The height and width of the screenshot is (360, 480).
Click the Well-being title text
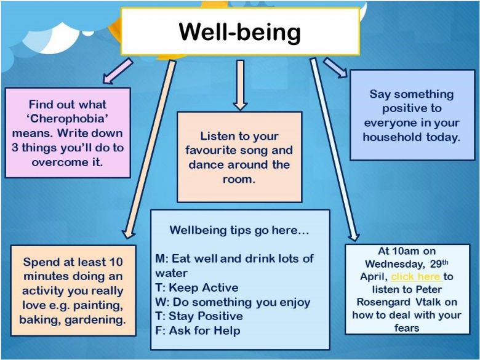(x=240, y=33)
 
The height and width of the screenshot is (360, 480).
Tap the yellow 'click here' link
(x=416, y=276)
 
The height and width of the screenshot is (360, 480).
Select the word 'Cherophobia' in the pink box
(x=68, y=119)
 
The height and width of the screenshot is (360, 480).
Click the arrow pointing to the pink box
(x=118, y=71)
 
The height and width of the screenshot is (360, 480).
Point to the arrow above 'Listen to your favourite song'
(x=240, y=85)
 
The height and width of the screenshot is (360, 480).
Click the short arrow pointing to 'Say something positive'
(x=335, y=68)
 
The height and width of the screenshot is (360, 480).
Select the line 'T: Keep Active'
(x=196, y=288)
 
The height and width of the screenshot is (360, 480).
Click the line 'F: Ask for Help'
(x=198, y=330)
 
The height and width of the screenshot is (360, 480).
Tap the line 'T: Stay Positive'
(x=199, y=316)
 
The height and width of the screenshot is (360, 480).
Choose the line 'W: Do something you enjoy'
(x=233, y=302)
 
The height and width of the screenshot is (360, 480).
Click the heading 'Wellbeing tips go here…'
(x=239, y=230)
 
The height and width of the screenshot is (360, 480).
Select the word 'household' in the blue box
(x=393, y=137)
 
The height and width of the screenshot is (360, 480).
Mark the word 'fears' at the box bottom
(x=407, y=328)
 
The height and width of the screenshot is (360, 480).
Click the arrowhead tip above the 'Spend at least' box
(x=127, y=239)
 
